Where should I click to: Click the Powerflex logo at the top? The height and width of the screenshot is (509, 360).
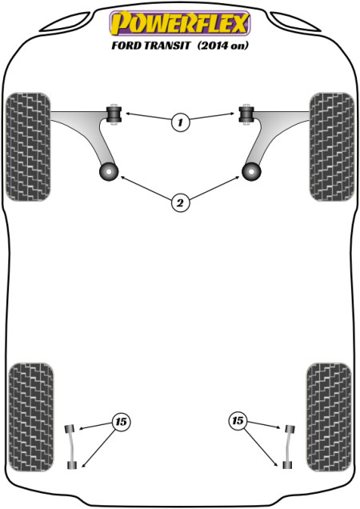pyautogui.click(x=180, y=22)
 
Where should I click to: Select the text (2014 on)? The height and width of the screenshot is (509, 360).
pyautogui.click(x=222, y=46)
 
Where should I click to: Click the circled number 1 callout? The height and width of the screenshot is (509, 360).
pyautogui.click(x=180, y=122)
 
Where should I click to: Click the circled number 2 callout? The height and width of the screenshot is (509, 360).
pyautogui.click(x=180, y=203)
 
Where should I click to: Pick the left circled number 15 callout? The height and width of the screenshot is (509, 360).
pyautogui.click(x=121, y=422)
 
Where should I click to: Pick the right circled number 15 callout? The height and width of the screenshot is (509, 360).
pyautogui.click(x=238, y=421)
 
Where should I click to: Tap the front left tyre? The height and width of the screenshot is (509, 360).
pyautogui.click(x=28, y=146)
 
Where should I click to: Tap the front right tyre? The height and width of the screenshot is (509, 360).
pyautogui.click(x=332, y=146)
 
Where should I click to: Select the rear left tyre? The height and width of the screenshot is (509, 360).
pyautogui.click(x=31, y=417)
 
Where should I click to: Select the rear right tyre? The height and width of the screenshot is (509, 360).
pyautogui.click(x=329, y=417)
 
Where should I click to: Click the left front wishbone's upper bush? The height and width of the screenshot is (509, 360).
pyautogui.click(x=114, y=114)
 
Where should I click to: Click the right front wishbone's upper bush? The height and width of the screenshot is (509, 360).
pyautogui.click(x=246, y=114)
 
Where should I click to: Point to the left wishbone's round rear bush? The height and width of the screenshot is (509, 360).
pyautogui.click(x=109, y=171)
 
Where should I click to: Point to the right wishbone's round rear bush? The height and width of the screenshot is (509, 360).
pyautogui.click(x=251, y=171)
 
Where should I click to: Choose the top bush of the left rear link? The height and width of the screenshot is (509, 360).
pyautogui.click(x=70, y=428)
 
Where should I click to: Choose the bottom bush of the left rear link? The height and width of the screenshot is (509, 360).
pyautogui.click(x=72, y=465)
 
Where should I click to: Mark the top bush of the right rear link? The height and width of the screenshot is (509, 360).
pyautogui.click(x=290, y=428)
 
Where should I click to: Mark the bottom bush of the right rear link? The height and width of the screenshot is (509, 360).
pyautogui.click(x=287, y=465)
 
